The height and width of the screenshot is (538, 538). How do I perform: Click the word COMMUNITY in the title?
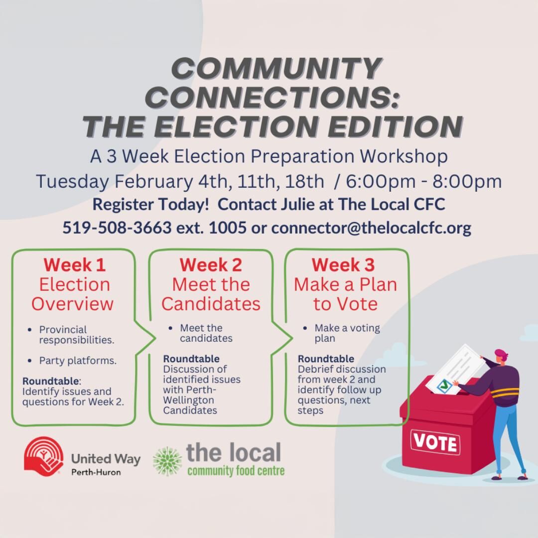pyautogui.click(x=276, y=68)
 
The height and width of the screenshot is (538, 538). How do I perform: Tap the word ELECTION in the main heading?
pyautogui.click(x=236, y=126)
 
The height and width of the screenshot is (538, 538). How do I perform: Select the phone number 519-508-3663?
pyautogui.click(x=117, y=227)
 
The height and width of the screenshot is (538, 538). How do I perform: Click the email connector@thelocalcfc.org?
pyautogui.click(x=371, y=228)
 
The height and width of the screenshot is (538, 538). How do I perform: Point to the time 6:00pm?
pyautogui.click(x=381, y=181)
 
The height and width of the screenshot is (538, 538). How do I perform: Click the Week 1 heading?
pyautogui.click(x=74, y=265)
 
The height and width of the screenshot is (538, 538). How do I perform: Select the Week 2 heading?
pyautogui.click(x=211, y=265)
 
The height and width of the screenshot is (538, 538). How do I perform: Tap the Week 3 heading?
pyautogui.click(x=343, y=265)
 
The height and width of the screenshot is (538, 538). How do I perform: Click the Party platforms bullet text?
pyautogui.click(x=78, y=361)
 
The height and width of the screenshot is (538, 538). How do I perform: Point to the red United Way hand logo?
pyautogui.click(x=43, y=456)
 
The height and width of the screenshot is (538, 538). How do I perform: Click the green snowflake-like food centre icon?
pyautogui.click(x=167, y=461)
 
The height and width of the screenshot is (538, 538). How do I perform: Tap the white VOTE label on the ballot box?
pyautogui.click(x=435, y=442)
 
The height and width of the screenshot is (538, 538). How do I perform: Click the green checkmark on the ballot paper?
pyautogui.click(x=444, y=385)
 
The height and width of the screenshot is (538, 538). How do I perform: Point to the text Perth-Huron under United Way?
pyautogui.click(x=96, y=472)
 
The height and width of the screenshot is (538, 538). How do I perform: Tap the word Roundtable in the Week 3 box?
pyautogui.click(x=326, y=359)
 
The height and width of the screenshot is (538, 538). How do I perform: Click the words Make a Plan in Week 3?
pyautogui.click(x=346, y=284)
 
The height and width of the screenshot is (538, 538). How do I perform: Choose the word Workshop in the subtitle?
pyautogui.click(x=404, y=156)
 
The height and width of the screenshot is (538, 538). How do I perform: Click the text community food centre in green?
pyautogui.click(x=236, y=470)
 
